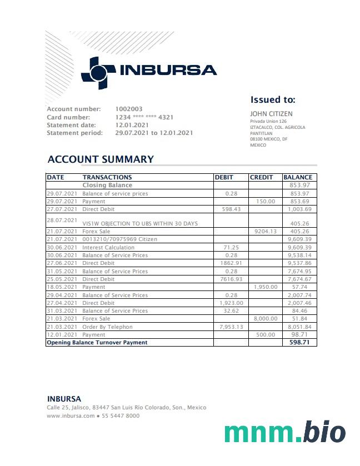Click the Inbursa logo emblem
(98, 72)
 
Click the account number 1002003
(129, 109)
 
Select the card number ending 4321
(144, 117)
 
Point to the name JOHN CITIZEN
(271, 114)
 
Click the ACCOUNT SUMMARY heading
(101, 159)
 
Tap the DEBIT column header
(224, 177)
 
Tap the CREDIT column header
(262, 177)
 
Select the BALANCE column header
(298, 177)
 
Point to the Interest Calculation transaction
(108, 247)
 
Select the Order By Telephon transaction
(107, 327)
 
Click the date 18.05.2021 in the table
(61, 287)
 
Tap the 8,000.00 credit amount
(264, 319)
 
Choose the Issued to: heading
(272, 100)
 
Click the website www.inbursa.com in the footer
(71, 415)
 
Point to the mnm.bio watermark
(284, 432)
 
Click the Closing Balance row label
(107, 185)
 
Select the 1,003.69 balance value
(298, 209)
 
